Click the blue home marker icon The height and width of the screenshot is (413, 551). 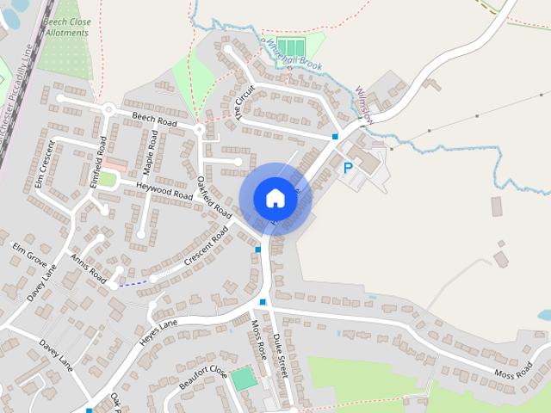tap(275, 198)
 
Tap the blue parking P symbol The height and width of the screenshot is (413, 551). tap(349, 168)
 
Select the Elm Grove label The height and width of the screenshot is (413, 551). tap(29, 252)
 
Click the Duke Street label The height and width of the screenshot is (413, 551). tap(282, 354)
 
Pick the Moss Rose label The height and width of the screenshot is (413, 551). tap(259, 340)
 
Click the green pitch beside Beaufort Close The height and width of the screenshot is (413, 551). tap(244, 378)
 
